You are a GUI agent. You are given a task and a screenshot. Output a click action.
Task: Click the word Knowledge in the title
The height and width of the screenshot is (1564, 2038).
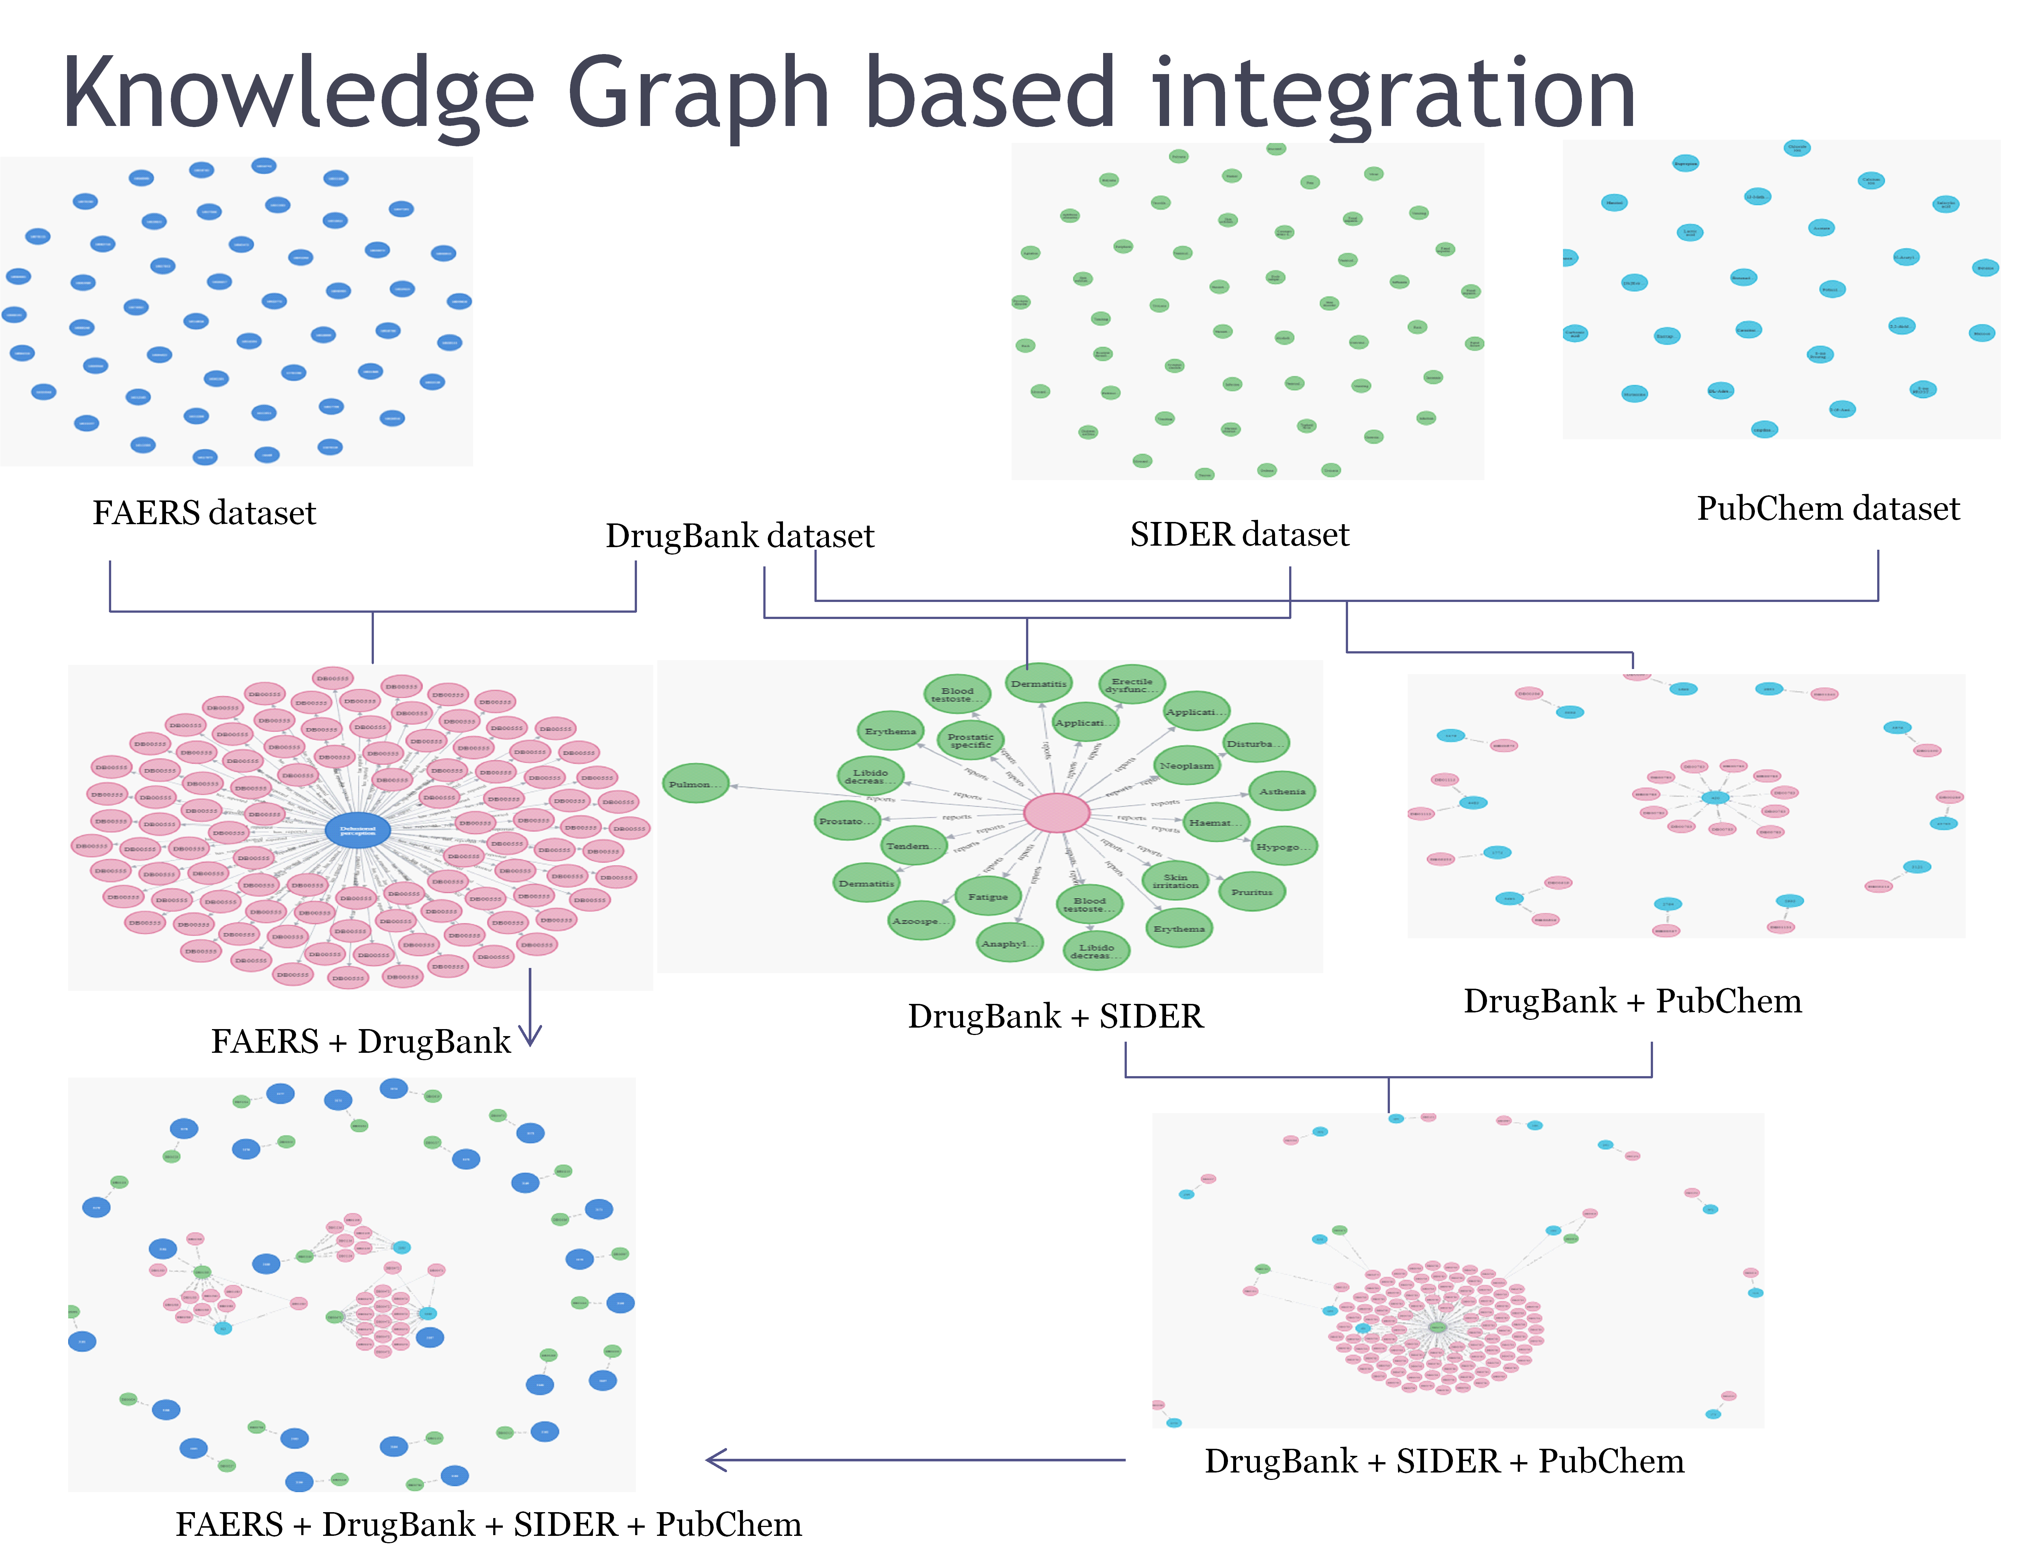click(298, 93)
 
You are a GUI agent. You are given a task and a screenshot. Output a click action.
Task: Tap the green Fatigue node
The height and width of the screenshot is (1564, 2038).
click(988, 896)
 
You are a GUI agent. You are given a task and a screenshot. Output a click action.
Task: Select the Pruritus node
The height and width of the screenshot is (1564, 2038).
click(1251, 892)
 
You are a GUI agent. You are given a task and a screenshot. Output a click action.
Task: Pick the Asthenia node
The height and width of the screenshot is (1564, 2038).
click(1282, 791)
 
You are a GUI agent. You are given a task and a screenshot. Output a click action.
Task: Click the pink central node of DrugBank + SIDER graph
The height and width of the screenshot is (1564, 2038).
click(1057, 813)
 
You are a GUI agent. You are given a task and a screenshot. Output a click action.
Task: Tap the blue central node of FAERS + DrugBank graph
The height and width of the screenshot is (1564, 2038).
click(358, 831)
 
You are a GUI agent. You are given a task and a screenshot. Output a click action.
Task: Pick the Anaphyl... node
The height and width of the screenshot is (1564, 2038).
click(1009, 943)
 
